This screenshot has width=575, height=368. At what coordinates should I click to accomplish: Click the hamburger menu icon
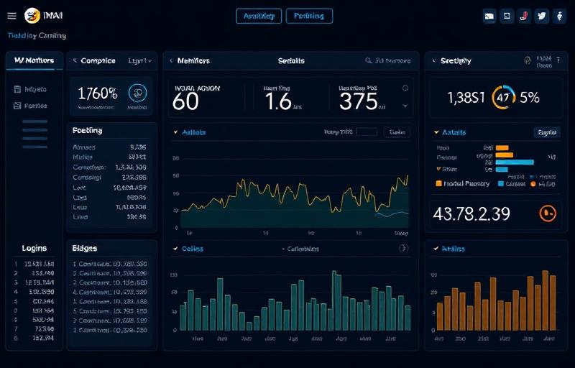tap(11, 16)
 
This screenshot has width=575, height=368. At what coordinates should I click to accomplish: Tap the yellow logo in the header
tap(32, 16)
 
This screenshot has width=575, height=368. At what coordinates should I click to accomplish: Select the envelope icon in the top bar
tap(489, 16)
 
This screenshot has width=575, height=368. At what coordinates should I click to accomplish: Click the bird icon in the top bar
tap(542, 16)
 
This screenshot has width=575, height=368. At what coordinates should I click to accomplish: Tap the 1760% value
tap(98, 93)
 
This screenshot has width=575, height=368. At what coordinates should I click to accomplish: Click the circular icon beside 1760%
tap(137, 92)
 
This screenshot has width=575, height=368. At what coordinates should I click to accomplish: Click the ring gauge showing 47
tap(503, 98)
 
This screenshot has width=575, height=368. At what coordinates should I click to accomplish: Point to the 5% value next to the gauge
tap(530, 98)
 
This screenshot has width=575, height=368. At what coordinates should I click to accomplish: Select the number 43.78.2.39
tap(472, 213)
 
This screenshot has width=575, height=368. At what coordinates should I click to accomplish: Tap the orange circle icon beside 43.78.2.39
tap(548, 213)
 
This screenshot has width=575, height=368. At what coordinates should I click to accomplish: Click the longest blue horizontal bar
tap(514, 162)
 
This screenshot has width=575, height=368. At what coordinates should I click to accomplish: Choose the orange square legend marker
tap(439, 184)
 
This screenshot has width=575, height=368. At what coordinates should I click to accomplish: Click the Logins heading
tap(34, 248)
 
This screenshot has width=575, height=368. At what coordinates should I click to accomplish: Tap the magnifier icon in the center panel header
tap(369, 61)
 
